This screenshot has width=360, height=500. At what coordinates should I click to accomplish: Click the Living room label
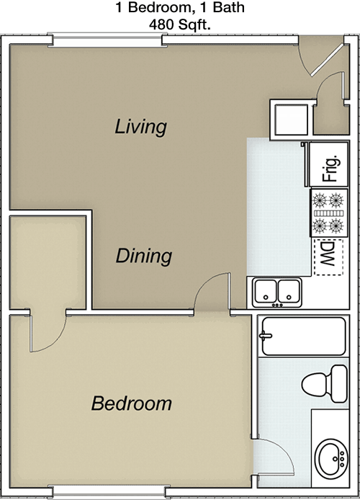pos(140,127)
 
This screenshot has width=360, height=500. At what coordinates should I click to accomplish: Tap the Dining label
pos(144,256)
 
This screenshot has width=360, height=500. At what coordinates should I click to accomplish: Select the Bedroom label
pos(132,403)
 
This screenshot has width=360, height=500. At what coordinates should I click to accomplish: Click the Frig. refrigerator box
pos(329,164)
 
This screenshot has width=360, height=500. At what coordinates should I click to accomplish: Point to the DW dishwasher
pos(328,257)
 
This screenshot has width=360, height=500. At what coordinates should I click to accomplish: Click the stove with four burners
pos(329,213)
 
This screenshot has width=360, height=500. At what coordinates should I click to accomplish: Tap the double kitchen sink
pos(277,293)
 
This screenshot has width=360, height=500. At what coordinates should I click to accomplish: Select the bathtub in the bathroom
pos(304,336)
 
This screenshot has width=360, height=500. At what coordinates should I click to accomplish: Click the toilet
pos(325,384)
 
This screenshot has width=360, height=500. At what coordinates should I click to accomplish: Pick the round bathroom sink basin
pos(332,459)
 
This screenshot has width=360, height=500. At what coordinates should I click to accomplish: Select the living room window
pos(107,40)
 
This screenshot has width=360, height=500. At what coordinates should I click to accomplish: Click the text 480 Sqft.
pos(180,24)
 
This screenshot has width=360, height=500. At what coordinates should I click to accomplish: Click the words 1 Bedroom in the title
pos(153,7)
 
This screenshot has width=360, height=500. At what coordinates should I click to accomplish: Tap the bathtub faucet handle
pos(265,336)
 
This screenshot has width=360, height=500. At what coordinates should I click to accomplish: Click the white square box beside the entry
pos(291,120)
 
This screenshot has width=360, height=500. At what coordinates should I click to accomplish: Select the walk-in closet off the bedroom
pos(48,262)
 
